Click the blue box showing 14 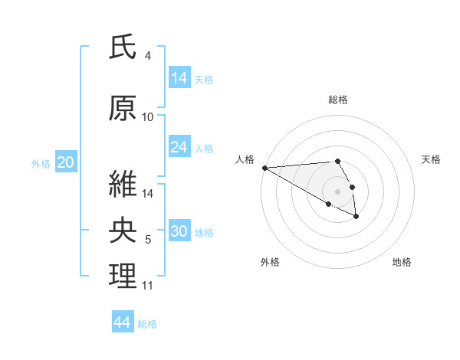[179, 78]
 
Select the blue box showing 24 [179, 147]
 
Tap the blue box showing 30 [179, 232]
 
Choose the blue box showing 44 [123, 323]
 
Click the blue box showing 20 [66, 162]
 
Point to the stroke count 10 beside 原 [148, 117]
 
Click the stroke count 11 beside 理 [148, 286]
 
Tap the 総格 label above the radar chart [338, 100]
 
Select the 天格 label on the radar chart [432, 159]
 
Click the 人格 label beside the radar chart [244, 159]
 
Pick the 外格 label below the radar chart [270, 262]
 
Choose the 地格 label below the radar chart [402, 262]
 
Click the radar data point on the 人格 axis [264, 168]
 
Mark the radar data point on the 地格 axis [356, 217]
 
